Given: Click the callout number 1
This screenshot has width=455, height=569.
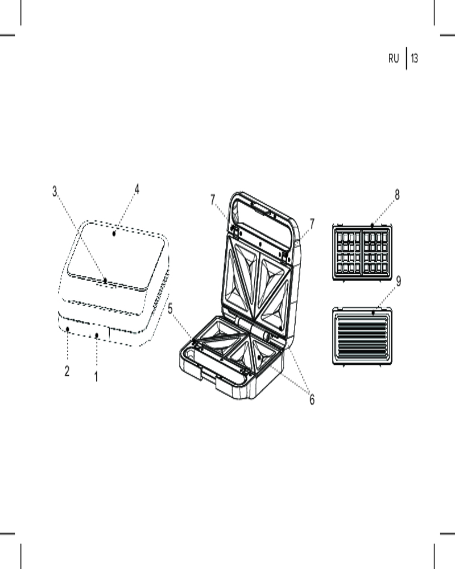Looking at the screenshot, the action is (x=96, y=377).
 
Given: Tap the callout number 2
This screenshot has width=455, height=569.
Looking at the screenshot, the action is (x=67, y=371).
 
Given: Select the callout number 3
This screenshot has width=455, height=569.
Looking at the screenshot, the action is (x=55, y=191).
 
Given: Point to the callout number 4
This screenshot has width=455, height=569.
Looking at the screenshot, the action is (x=137, y=189).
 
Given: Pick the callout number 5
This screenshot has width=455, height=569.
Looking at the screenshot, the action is (x=170, y=309).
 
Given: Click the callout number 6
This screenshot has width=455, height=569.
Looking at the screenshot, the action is (x=312, y=399).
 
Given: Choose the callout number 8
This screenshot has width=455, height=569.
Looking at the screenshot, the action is (x=397, y=195).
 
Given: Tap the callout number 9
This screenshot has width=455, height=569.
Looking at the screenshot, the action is (x=398, y=281).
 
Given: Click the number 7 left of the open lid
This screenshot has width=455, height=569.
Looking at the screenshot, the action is (x=213, y=200).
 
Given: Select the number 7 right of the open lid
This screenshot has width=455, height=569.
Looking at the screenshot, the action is (x=312, y=224).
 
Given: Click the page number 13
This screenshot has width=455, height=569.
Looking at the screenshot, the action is (x=415, y=58).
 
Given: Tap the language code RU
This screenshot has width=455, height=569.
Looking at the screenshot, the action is (x=394, y=59).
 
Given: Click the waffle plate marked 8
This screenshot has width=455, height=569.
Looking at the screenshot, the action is (x=362, y=253).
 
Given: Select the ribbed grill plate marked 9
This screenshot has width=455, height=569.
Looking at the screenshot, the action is (x=362, y=336).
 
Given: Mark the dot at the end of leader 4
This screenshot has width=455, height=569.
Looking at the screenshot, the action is (x=114, y=234).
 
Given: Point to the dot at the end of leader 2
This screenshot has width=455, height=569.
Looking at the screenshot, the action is (x=68, y=329).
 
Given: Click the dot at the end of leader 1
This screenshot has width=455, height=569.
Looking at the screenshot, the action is (x=97, y=335).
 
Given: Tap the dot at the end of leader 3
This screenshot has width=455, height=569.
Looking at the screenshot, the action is (x=105, y=280).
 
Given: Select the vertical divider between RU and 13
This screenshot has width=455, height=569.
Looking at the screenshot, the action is (x=406, y=59).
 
